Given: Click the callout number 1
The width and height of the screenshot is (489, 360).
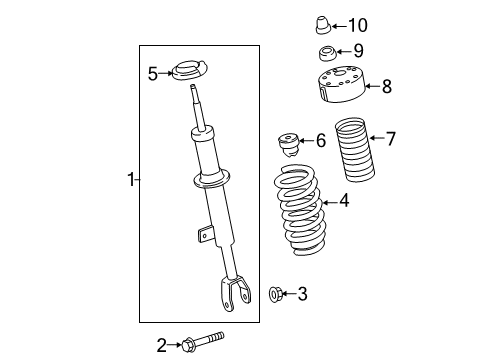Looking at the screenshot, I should (129, 180).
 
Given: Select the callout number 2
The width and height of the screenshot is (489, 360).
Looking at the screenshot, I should (160, 346).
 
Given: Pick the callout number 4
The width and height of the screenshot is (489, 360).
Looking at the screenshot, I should (343, 201).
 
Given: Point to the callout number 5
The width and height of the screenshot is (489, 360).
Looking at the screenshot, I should (153, 73).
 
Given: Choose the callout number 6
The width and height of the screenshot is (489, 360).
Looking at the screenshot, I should (320, 141).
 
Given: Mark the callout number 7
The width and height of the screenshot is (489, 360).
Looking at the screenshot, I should (390, 138).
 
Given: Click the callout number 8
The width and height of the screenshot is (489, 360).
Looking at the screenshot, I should (386, 87).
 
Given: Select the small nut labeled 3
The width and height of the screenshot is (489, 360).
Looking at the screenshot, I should (276, 293).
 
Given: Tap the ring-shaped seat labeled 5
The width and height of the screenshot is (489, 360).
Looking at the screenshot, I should (186, 73).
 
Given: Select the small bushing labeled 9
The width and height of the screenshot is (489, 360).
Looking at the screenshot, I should (326, 53).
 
